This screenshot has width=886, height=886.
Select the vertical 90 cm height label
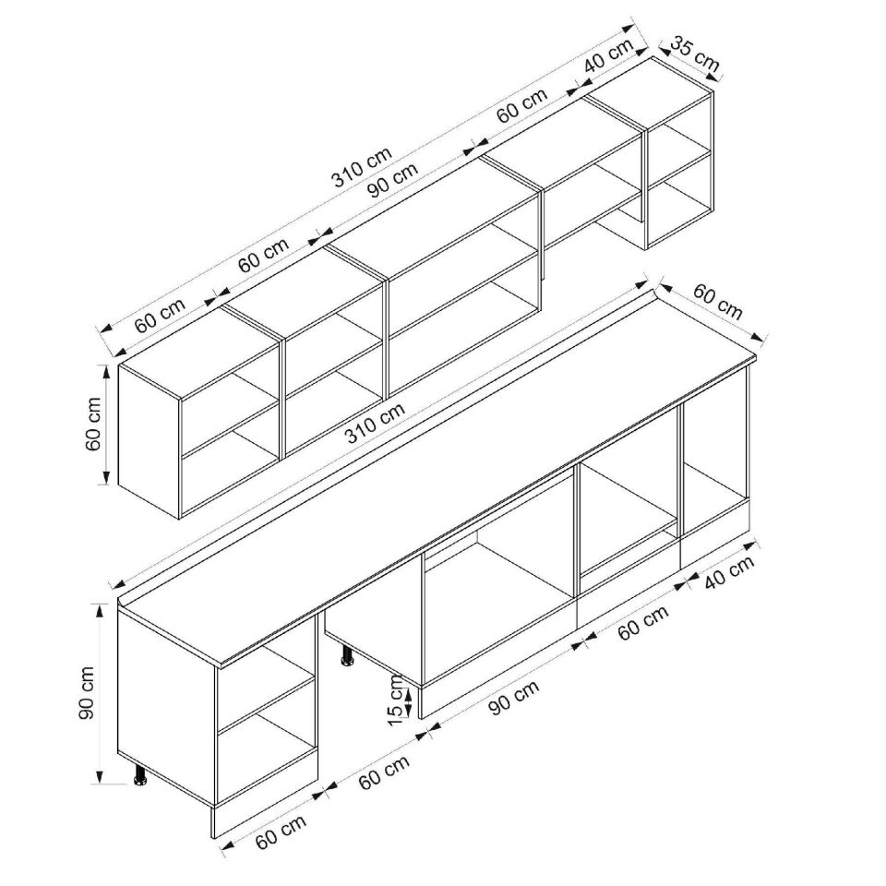pos(87,693)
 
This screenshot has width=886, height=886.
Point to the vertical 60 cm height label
pos(92,424)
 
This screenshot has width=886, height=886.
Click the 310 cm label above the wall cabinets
pos(362,167)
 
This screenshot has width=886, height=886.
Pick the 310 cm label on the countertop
pos(376,422)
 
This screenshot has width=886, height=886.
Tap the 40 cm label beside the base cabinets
pos(729,573)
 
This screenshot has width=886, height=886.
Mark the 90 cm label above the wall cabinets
pos(394,179)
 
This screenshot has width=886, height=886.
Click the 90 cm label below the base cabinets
pos(514,698)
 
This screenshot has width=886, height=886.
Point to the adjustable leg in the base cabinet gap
pos(346,655)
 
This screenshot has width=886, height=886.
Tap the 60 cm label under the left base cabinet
pos(281,832)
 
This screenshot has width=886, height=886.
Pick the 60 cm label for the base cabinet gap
pos(384,772)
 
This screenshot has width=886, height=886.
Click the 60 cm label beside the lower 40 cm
pos(643,622)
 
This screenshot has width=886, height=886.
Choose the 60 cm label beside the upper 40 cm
pos(522,105)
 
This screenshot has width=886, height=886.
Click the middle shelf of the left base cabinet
pos(266,703)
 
